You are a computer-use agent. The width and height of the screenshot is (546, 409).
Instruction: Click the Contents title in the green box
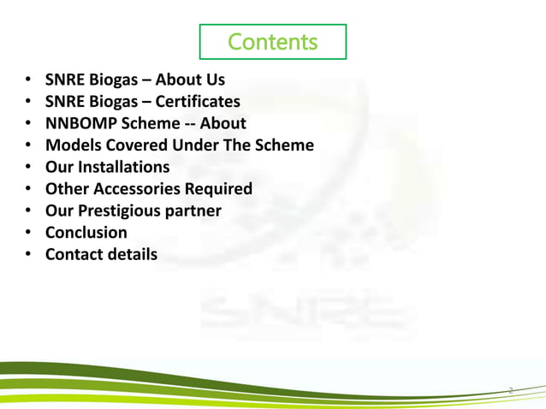coord(272,41)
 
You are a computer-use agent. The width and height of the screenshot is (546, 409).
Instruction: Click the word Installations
coord(123,167)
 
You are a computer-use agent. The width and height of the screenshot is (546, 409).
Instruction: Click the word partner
coord(194,210)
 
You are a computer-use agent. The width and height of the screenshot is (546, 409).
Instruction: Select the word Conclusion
coord(86,233)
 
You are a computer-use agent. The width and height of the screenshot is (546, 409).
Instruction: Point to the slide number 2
coord(510,391)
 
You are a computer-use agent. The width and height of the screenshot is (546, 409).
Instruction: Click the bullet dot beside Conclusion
coord(28,233)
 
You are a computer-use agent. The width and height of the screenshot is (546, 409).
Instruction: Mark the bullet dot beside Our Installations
coord(28,168)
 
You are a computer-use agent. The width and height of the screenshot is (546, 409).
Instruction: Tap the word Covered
coord(134,145)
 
